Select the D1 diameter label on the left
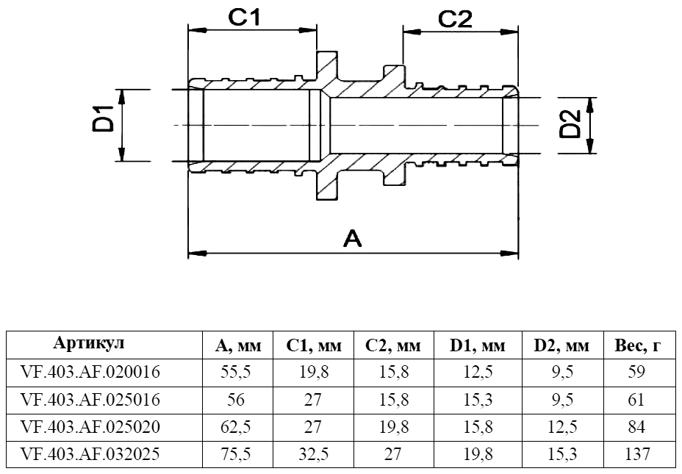[104, 121]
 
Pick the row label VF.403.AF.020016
[91, 373]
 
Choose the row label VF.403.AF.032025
[91, 454]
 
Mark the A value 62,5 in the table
[236, 427]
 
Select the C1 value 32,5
[314, 454]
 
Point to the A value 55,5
[236, 373]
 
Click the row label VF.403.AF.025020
[91, 427]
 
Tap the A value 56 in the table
[236, 400]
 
